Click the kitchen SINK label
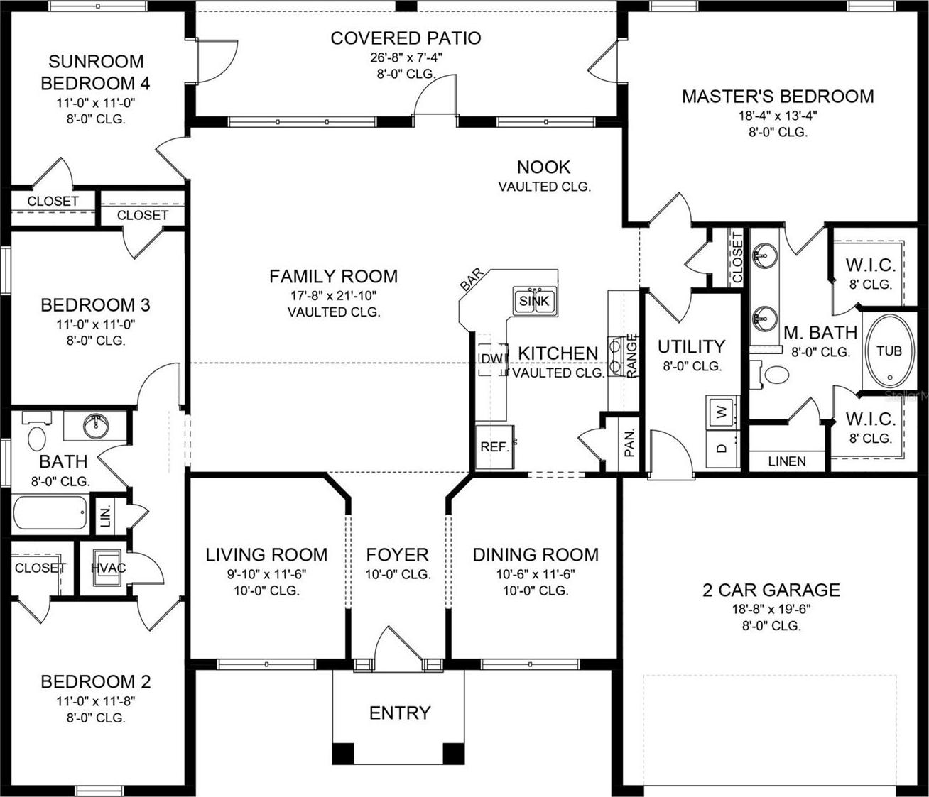534,301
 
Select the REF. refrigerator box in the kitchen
494,446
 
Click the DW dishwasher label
491,359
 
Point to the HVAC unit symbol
107,568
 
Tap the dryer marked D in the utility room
722,448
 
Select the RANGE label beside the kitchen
631,355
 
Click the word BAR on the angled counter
472,280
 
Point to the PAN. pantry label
629,443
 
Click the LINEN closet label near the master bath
787,461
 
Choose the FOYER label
397,554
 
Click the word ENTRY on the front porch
400,713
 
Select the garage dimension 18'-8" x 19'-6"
771,609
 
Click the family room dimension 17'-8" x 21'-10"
333,295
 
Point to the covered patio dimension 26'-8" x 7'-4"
406,58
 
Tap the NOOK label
544,167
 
